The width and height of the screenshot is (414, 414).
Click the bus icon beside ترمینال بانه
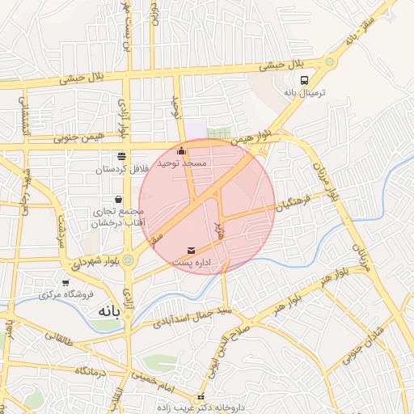(305, 80)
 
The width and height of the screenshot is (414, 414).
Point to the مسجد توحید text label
(184, 163)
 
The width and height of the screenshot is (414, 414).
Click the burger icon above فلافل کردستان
(121, 156)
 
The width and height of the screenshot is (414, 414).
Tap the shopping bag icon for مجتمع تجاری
(119, 198)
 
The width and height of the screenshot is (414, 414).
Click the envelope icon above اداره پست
(191, 251)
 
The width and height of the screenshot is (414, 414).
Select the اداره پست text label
(192, 264)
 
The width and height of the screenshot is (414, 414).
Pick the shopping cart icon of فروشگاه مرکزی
(65, 282)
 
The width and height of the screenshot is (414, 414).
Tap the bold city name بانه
(110, 311)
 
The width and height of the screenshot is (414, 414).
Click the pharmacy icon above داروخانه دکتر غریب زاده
(201, 397)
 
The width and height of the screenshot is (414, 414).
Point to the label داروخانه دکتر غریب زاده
(201, 408)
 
